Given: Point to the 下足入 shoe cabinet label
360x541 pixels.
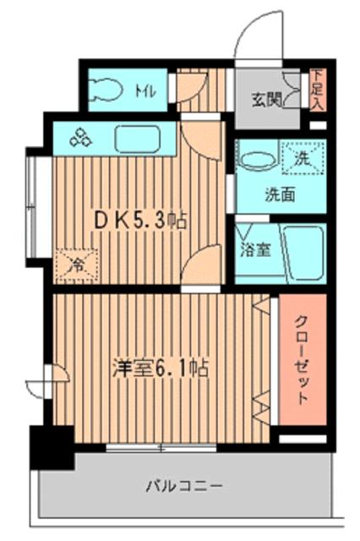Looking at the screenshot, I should (x=317, y=90).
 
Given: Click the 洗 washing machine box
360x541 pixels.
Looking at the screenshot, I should (x=302, y=155).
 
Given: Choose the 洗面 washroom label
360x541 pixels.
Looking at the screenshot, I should (x=282, y=194).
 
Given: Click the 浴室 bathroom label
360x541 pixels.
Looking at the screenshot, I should (x=256, y=250).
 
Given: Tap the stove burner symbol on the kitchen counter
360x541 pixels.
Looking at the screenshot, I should (x=82, y=138).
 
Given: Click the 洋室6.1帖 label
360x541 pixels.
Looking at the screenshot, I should (x=161, y=369).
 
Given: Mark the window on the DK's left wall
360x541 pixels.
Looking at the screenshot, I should (x=32, y=206).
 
